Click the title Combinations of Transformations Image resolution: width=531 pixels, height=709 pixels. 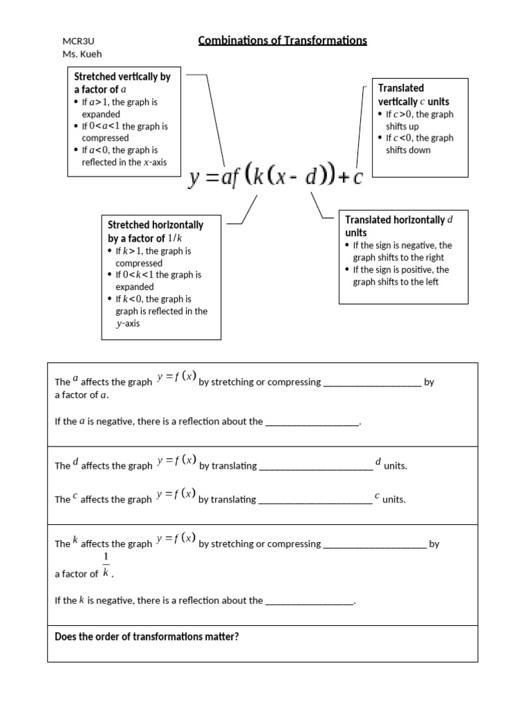[x=282, y=41]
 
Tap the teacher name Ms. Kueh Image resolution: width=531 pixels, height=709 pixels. [x=82, y=55]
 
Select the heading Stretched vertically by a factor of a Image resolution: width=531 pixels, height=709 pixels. [x=122, y=83]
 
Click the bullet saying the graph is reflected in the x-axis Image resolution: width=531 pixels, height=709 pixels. [x=124, y=156]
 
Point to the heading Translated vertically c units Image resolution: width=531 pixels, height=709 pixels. [x=413, y=95]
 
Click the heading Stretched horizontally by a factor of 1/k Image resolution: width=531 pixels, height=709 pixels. [x=155, y=231]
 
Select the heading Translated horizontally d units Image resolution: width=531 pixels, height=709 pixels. [x=398, y=226]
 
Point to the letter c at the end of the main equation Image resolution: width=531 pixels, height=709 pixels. [x=357, y=179]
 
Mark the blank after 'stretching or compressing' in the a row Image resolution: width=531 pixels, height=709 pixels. [x=372, y=382]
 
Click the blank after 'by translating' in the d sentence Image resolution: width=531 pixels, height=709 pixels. [x=315, y=466]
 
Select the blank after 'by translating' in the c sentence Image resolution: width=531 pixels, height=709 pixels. [x=315, y=499]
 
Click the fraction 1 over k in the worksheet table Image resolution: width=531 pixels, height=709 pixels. [x=106, y=565]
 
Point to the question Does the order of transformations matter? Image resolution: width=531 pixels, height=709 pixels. [x=147, y=637]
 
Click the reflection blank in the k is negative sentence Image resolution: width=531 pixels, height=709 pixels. [x=310, y=601]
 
